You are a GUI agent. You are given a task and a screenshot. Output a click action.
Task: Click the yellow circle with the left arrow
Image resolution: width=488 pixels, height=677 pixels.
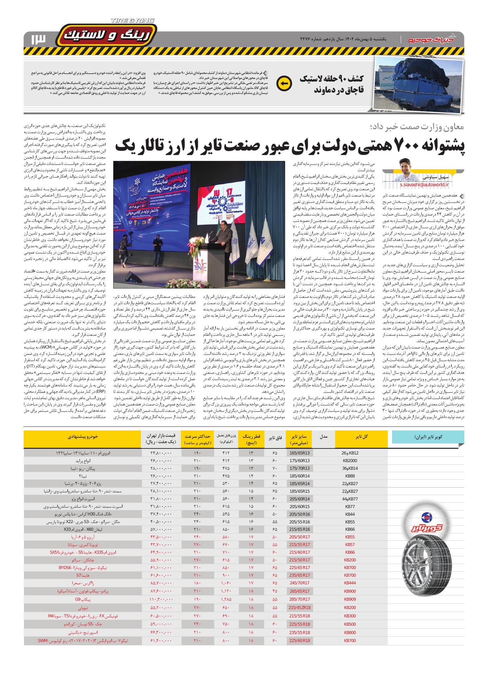[x=284, y=84]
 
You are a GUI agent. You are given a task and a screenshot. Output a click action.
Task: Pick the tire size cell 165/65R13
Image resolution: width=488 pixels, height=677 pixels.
[x=299, y=453]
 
